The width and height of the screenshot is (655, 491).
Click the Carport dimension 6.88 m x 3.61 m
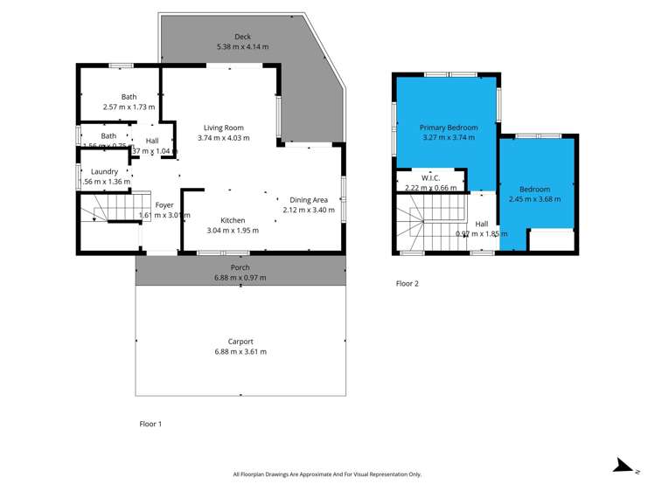240,352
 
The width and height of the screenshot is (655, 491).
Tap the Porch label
240,267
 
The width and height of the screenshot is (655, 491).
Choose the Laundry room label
104,171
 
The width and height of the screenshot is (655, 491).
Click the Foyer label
141,204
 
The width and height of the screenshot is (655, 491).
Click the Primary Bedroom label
447,128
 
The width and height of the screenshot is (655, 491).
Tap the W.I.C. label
430,178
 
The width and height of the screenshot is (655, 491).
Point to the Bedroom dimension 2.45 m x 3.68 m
534,199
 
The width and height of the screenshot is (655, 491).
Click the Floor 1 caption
151,424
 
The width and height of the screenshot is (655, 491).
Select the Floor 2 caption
407,283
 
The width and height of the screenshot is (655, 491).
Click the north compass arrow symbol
623,467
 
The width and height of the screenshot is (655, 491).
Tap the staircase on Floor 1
103,210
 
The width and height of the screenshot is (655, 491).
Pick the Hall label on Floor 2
482,224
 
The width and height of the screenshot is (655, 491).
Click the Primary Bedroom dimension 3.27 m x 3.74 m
447,137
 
